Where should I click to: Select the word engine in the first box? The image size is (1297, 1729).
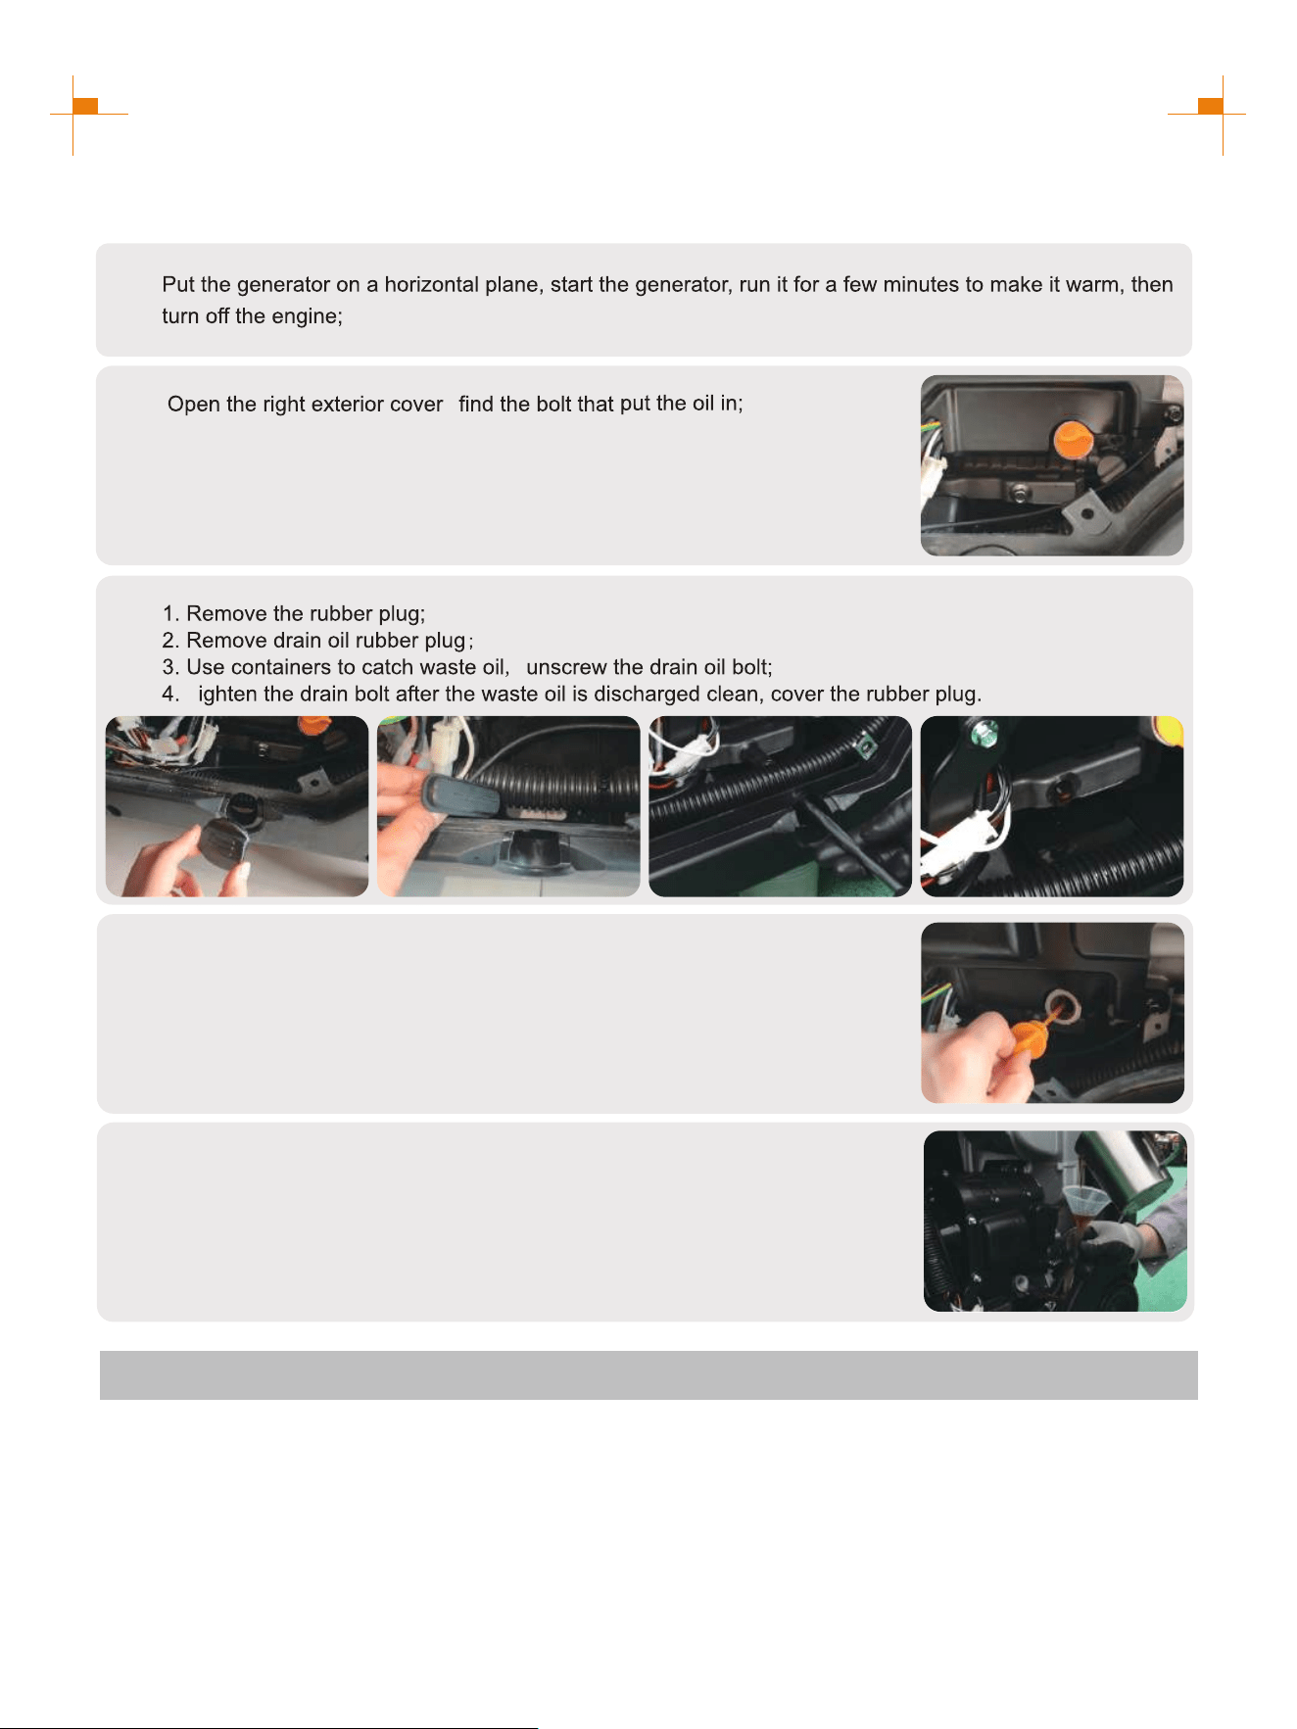click(305, 316)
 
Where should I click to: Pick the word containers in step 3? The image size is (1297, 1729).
click(276, 667)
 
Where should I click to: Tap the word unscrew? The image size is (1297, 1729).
click(566, 667)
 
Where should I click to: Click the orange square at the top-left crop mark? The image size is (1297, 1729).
click(86, 106)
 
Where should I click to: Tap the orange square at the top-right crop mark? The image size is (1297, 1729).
click(1211, 106)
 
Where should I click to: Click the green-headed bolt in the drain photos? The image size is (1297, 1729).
click(985, 731)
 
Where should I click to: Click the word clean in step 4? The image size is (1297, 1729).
click(733, 694)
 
